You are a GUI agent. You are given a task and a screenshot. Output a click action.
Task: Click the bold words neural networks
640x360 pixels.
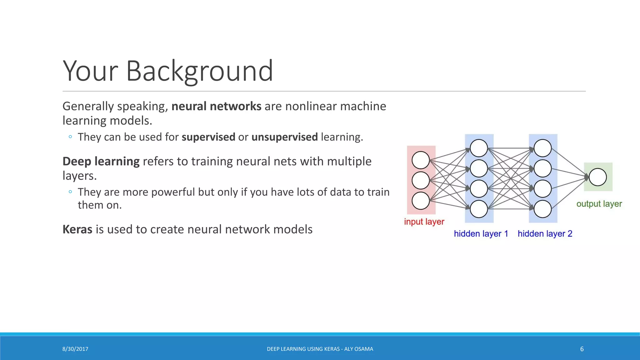[216, 106]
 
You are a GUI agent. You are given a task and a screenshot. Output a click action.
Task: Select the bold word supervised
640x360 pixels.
[208, 137]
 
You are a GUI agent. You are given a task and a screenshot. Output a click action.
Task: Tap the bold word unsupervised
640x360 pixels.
[284, 137]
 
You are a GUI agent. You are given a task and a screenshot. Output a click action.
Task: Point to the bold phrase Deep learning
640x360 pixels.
[101, 161]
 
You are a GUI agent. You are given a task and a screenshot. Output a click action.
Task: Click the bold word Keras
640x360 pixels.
[77, 229]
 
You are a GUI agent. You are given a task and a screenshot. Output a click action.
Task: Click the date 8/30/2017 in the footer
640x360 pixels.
[75, 349]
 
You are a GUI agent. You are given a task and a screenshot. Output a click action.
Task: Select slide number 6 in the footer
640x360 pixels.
[582, 349]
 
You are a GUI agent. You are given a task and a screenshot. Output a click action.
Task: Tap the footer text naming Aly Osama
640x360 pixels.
[320, 349]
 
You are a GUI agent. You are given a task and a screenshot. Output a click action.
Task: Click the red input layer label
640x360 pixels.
[424, 222]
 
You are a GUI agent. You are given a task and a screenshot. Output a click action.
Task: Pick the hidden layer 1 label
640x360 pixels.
[481, 233]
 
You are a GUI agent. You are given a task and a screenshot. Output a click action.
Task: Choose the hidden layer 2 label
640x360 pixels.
[545, 233]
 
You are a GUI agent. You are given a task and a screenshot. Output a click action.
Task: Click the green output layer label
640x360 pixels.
[599, 204]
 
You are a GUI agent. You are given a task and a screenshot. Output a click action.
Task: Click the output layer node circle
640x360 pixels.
[597, 177]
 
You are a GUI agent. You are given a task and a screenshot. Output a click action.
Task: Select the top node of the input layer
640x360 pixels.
[421, 160]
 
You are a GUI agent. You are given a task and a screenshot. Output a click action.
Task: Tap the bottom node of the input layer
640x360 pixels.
[421, 201]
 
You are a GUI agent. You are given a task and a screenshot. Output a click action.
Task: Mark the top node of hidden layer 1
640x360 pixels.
[479, 148]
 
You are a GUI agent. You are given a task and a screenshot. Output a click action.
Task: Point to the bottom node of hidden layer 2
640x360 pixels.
[542, 209]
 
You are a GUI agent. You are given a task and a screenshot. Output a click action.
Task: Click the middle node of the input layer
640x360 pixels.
[421, 180]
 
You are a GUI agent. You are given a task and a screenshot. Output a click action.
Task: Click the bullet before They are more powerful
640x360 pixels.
[70, 192]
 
